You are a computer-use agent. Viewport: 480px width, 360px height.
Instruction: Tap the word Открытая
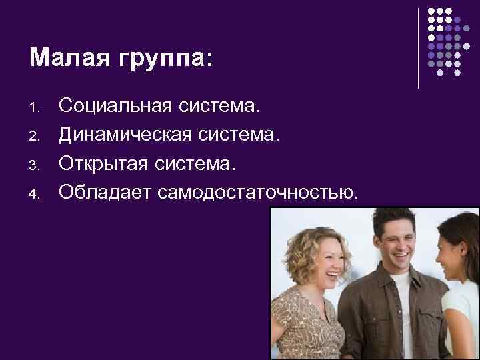99,164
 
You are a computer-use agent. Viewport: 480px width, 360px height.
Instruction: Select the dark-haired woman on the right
460,280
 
